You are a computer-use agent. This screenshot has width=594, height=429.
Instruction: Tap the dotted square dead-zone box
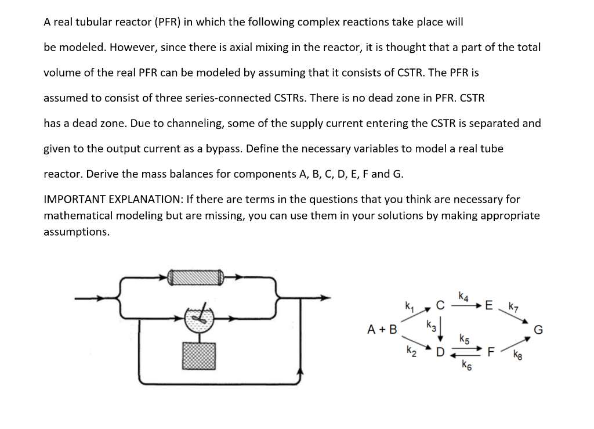(x=199, y=355)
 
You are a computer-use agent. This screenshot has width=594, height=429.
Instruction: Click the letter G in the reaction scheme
(x=538, y=330)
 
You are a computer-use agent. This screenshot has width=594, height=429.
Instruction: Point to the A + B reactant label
(x=383, y=330)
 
